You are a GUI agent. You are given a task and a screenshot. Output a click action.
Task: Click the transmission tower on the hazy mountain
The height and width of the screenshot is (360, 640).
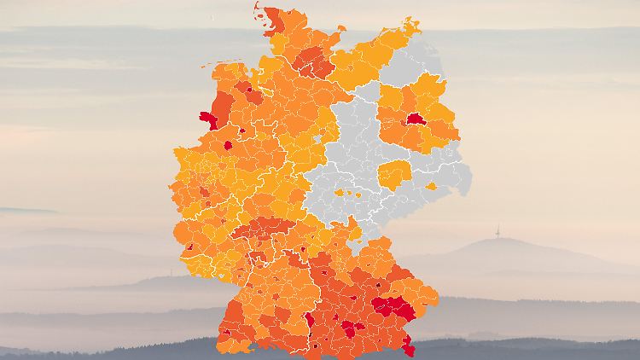coord(497,232)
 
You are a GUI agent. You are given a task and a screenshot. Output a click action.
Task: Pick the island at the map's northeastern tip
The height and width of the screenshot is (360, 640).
coord(411,26)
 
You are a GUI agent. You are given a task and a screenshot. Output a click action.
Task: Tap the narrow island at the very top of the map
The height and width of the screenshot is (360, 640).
coord(258,10)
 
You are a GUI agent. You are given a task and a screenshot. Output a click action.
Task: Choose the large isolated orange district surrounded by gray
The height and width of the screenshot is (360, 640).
coord(394,175)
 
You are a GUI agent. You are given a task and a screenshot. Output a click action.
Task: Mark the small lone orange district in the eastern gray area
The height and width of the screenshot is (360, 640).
coord(432,186)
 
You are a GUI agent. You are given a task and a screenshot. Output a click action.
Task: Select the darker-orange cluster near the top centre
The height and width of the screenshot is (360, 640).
coord(316,61)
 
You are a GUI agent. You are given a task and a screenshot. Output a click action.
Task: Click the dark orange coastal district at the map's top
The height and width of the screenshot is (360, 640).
coord(275,20)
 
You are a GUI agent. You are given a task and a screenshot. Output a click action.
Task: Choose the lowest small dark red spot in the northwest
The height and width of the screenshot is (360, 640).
coord(228,145)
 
